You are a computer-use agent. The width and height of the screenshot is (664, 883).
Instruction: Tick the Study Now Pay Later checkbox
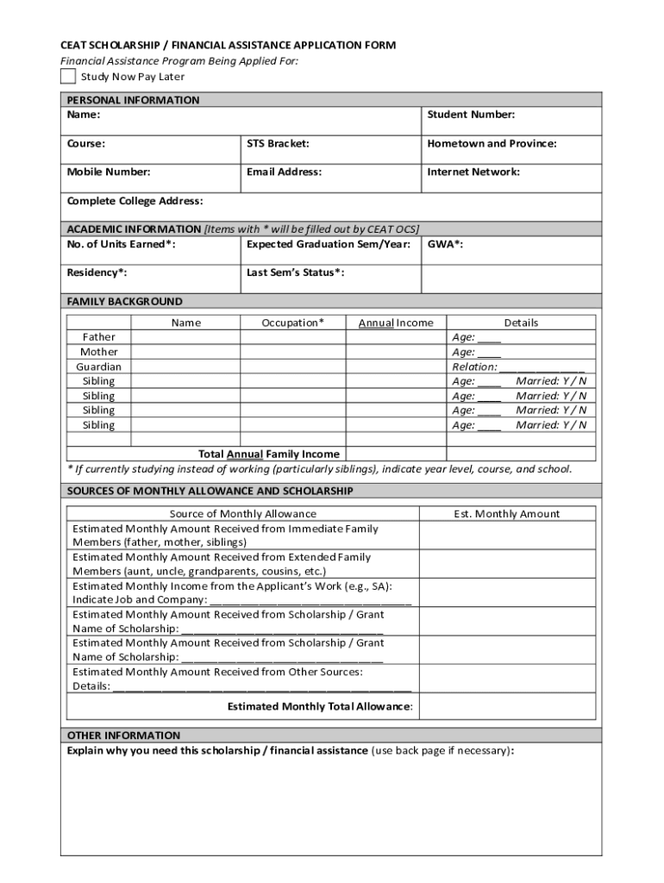68,77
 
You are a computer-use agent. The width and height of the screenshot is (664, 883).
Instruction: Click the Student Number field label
471,115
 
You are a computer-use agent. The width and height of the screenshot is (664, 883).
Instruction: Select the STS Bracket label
278,143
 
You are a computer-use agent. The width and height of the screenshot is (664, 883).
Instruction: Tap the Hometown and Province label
492,143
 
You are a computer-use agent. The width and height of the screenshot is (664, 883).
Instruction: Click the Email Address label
284,172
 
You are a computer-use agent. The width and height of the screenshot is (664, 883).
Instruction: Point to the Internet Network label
473,172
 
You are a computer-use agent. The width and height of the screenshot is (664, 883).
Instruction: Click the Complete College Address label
135,201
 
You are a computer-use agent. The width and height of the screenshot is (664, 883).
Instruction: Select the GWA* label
445,244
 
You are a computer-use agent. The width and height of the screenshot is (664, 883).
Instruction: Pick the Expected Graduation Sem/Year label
328,244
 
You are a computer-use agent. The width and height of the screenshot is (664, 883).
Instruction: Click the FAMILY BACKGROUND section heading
125,301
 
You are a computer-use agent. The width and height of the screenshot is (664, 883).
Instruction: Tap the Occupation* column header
293,323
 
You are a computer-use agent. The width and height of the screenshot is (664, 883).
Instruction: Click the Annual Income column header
396,323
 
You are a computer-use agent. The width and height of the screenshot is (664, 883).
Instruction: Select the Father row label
98,337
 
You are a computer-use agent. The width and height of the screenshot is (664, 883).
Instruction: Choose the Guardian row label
98,366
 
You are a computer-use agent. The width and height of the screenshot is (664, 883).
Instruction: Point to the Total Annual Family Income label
269,454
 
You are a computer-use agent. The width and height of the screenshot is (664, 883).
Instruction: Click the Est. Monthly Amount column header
506,514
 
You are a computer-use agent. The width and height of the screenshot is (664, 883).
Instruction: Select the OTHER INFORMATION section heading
124,736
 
